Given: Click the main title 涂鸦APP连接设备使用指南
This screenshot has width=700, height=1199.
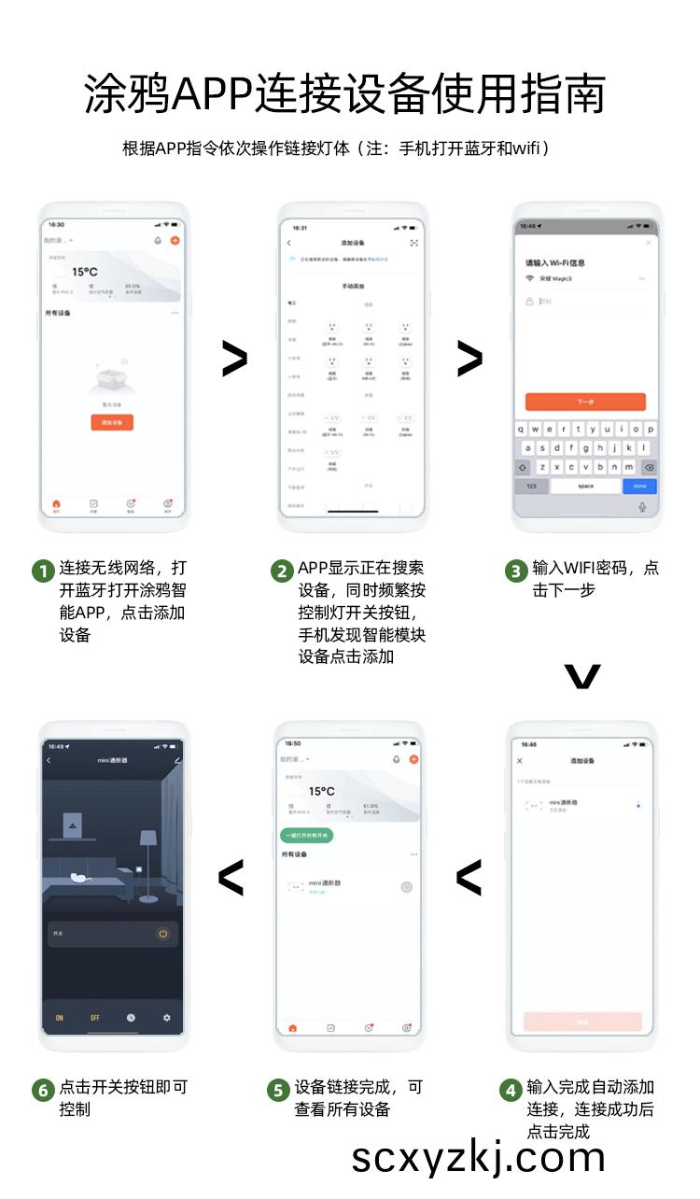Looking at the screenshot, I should pyautogui.click(x=345, y=94).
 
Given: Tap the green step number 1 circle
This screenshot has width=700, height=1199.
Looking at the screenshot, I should pyautogui.click(x=43, y=571).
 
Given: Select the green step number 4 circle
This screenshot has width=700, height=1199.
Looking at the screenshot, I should pyautogui.click(x=511, y=1090).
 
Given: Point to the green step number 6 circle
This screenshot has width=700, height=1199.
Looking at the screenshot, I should pyautogui.click(x=43, y=1090).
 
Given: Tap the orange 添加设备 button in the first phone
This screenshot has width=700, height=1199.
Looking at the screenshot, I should pyautogui.click(x=112, y=422).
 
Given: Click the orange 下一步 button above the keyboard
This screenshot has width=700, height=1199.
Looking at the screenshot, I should pyautogui.click(x=585, y=402).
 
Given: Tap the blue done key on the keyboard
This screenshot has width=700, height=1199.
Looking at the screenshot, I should pyautogui.click(x=639, y=487).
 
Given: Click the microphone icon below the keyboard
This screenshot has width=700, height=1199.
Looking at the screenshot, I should pyautogui.click(x=642, y=507).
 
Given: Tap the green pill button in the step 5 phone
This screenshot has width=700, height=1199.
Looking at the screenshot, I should pyautogui.click(x=308, y=835).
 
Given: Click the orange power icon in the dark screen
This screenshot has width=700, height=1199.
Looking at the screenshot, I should pyautogui.click(x=163, y=933).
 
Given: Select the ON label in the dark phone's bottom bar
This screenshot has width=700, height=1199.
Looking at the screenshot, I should pyautogui.click(x=60, y=1018).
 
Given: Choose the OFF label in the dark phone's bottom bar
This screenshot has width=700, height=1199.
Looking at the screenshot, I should pyautogui.click(x=95, y=1018).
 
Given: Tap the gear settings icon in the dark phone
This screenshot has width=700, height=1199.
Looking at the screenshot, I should pyautogui.click(x=167, y=1018).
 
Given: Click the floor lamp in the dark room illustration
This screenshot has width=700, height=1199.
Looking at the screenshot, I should pyautogui.click(x=147, y=864).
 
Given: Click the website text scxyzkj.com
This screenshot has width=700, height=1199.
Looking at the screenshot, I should pyautogui.click(x=478, y=1157).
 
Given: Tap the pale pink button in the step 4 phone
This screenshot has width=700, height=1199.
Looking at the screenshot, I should pyautogui.click(x=582, y=1022).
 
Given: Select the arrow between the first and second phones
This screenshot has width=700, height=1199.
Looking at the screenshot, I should pyautogui.click(x=234, y=360).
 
